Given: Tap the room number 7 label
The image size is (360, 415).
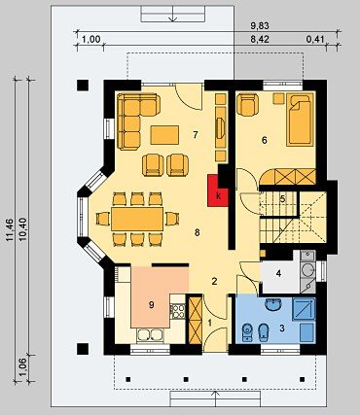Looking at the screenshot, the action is [196, 135].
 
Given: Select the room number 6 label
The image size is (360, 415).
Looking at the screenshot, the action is [265, 140].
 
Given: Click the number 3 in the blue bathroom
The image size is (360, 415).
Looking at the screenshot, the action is [282, 329].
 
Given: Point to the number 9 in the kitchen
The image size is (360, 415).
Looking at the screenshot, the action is [151, 304].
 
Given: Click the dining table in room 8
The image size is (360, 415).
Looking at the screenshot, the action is [137, 219].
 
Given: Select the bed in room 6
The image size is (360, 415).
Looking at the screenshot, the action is [301, 120].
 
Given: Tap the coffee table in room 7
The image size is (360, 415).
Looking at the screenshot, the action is [164, 135].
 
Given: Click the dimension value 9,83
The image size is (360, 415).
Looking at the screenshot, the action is [260, 25].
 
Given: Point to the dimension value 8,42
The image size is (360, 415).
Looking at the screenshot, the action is [260, 40].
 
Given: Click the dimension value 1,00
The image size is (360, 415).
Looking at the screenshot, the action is [91, 40].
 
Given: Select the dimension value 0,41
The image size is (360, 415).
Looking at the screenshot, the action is [315, 40].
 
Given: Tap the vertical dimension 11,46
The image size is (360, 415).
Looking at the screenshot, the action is [10, 229].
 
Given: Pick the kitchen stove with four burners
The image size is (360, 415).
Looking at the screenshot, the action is [177, 311].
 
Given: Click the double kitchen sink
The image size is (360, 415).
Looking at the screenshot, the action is [150, 335].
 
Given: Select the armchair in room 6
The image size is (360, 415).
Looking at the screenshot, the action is [247, 104].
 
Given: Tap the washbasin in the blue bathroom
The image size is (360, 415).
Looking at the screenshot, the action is [273, 304].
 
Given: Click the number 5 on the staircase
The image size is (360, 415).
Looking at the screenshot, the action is [282, 198].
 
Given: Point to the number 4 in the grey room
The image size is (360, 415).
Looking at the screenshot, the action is [278, 273].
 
